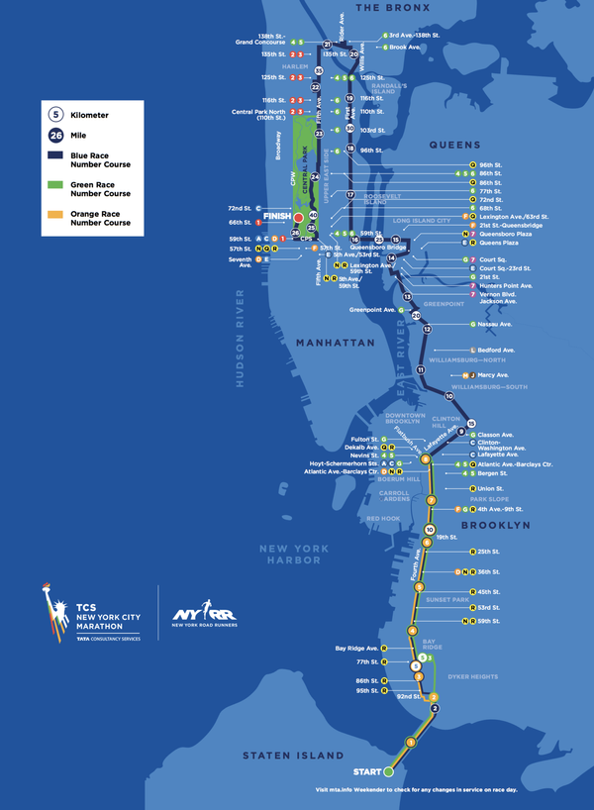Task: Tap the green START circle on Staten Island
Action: tap(389, 770)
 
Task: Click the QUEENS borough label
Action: tap(454, 145)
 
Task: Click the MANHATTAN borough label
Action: tap(335, 343)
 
